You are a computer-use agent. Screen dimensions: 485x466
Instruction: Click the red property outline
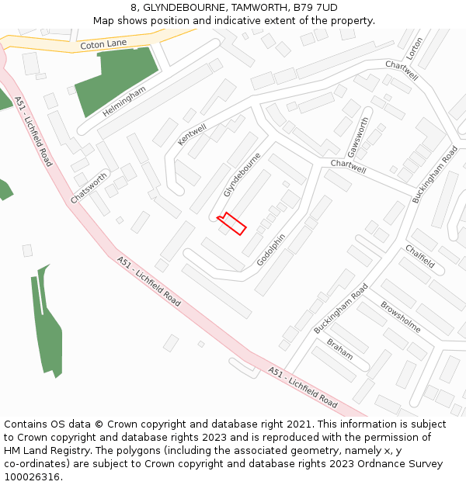[232, 223]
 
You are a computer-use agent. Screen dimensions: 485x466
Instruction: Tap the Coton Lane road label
[103, 44]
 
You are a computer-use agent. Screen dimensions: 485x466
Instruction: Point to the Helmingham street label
[123, 101]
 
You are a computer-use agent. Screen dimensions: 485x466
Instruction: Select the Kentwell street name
[193, 133]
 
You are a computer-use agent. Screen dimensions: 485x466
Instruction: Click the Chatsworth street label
[89, 188]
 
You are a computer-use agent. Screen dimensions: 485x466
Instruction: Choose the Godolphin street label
[271, 249]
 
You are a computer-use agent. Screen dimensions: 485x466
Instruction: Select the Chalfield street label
[419, 257]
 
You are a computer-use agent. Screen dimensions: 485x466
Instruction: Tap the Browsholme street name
[400, 317]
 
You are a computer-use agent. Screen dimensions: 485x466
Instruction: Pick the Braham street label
[339, 348]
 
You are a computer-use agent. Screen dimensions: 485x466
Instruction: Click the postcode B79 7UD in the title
[315, 8]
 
